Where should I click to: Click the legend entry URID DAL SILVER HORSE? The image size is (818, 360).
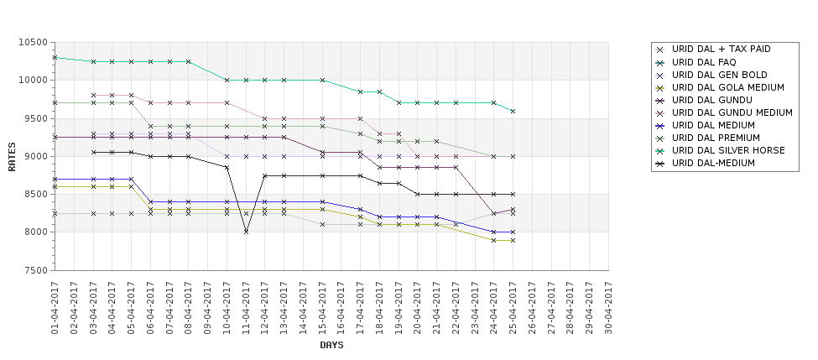tap(727, 151)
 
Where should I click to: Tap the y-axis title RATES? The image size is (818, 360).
tap(12, 157)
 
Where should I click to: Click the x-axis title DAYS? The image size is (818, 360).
tap(331, 346)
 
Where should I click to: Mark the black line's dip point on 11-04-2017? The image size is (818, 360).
tap(246, 232)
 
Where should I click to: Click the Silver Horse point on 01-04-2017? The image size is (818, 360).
tap(55, 57)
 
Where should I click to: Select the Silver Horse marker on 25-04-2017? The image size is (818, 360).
tap(513, 111)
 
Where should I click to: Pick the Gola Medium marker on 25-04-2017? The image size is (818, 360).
tap(513, 241)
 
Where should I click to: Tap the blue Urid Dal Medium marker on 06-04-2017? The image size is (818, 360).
tap(150, 202)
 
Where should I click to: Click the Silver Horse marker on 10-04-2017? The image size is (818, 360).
tap(227, 81)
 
